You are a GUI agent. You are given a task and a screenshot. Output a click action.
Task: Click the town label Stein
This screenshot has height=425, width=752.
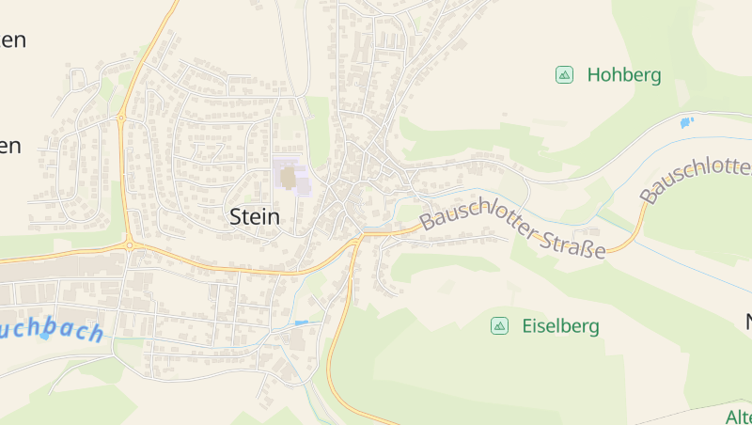255,217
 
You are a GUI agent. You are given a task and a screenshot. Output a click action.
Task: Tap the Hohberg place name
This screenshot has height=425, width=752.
624,75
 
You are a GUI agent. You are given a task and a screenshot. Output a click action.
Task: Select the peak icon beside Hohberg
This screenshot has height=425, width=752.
564,75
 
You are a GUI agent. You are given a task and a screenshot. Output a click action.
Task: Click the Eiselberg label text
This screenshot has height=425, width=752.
560,327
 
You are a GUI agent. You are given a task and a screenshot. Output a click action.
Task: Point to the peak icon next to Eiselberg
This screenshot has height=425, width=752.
499,326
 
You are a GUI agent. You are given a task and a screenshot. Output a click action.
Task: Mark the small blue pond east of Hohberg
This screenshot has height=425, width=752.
686,122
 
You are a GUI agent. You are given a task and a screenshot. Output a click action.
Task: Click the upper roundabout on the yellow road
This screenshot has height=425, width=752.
122,118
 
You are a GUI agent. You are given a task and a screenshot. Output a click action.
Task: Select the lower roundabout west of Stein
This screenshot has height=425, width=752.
128,244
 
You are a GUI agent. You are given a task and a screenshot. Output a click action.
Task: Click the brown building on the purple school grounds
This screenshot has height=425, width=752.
289,177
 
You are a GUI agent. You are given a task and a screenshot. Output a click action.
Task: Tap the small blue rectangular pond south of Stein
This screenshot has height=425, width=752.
301,323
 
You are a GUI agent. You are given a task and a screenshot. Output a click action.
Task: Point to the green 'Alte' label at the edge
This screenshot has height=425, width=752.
739,417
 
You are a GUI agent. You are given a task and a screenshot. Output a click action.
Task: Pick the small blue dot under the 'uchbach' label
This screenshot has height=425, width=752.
43,336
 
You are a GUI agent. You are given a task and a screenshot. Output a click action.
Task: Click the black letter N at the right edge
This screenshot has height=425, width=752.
747,323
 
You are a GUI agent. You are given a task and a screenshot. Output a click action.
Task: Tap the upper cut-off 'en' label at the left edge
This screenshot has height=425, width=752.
12,40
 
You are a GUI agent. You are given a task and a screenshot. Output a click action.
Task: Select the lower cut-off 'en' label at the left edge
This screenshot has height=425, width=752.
10,147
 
